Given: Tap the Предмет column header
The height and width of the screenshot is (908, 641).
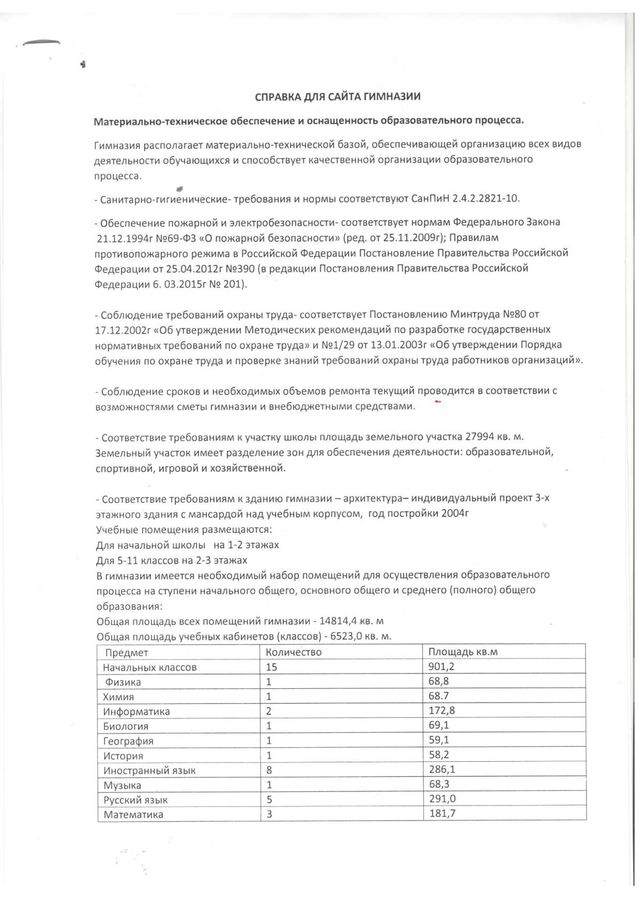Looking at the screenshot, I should (x=126, y=652).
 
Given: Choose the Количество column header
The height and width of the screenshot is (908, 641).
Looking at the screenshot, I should (x=294, y=652).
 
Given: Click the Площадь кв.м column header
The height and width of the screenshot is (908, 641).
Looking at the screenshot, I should (x=463, y=652).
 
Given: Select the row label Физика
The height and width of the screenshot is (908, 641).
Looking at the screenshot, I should (x=123, y=682).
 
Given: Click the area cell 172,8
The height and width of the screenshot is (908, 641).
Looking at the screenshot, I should (x=441, y=710).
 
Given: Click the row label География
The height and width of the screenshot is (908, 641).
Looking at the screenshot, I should (x=128, y=741).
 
